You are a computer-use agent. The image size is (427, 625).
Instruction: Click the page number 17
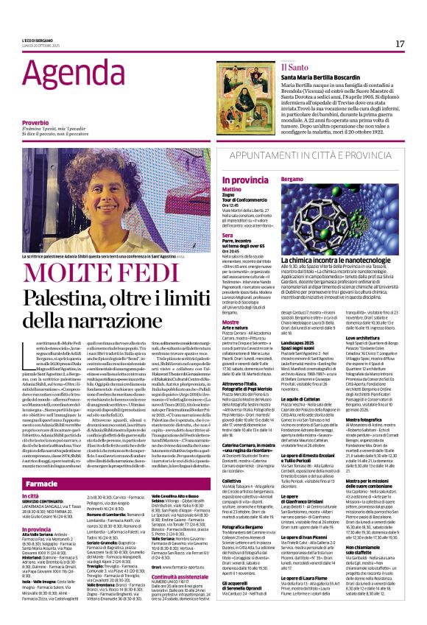(x=400, y=43)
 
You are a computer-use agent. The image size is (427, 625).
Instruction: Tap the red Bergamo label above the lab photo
(x=292, y=180)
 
